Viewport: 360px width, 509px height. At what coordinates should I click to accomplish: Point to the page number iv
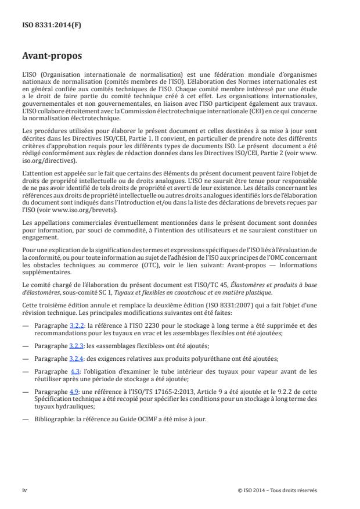[25, 490]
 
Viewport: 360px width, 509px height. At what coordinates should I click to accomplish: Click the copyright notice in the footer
[277, 490]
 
